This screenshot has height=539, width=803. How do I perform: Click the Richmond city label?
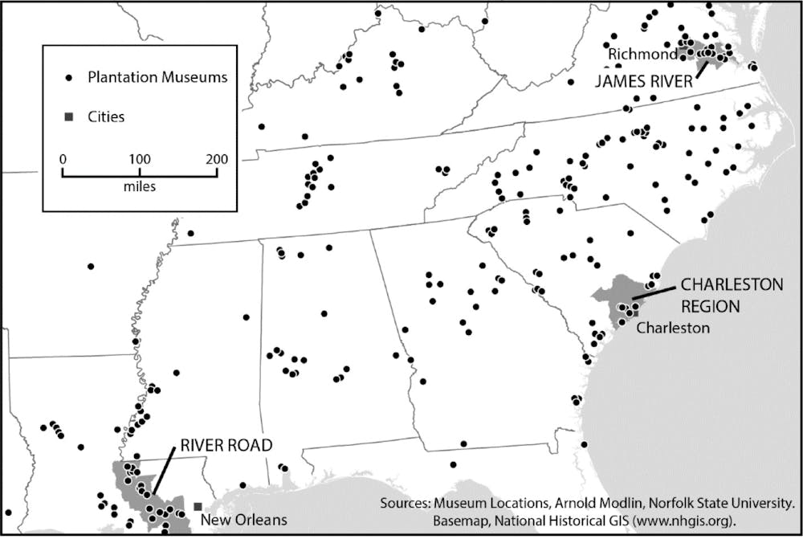point(642,55)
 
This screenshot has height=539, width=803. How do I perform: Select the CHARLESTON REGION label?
point(741,295)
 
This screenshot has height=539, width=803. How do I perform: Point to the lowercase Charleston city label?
point(673,328)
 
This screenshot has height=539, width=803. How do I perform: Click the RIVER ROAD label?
point(226,444)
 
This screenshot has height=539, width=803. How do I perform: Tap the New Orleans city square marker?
point(198,507)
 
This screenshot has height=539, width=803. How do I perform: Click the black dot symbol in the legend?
point(69,78)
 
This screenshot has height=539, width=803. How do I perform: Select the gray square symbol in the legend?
point(69,117)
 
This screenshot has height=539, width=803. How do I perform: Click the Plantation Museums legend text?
point(157,78)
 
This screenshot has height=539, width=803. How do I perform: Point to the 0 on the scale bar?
point(63,159)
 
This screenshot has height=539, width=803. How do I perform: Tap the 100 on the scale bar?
point(140,159)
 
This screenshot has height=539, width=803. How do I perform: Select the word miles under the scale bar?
point(140,186)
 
